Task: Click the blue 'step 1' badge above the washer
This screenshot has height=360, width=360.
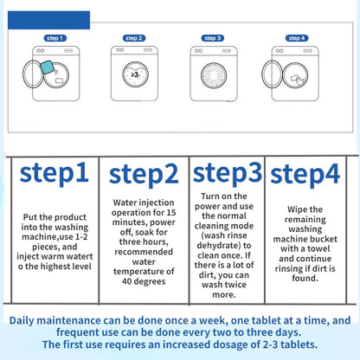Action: (55, 38)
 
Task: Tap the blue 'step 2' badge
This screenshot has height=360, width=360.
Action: (134, 38)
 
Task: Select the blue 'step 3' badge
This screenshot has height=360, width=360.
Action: (214, 38)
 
